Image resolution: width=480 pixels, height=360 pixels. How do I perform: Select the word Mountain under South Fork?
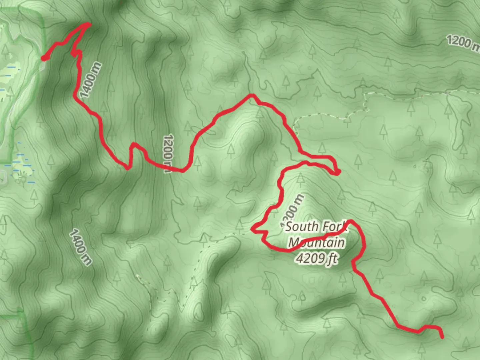[x=316, y=243]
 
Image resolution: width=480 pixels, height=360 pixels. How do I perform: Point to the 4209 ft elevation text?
[x=316, y=258]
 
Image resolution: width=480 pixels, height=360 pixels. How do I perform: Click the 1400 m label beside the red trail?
[x=91, y=80]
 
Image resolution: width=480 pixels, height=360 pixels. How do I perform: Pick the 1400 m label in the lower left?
[x=80, y=247]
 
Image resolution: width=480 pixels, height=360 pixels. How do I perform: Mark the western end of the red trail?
[x=44, y=59]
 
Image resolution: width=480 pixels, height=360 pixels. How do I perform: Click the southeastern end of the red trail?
[x=442, y=337]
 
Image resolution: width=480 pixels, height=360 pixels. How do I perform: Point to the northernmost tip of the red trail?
[x=88, y=24]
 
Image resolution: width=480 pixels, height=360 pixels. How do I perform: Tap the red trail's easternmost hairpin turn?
[x=338, y=172]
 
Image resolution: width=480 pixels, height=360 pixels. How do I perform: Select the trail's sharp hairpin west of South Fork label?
[x=253, y=229]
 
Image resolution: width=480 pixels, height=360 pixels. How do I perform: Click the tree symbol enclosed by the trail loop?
[x=300, y=178]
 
